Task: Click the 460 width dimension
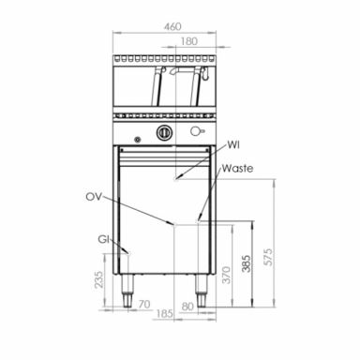tap(172, 27)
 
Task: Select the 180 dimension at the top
tap(189, 41)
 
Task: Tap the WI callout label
tap(234, 145)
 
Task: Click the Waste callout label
tap(237, 169)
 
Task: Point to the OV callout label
tap(93, 198)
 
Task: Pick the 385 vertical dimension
tap(247, 265)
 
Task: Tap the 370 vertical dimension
tap(224, 274)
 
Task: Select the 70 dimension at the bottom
tap(142, 305)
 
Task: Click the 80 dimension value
tap(187, 305)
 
